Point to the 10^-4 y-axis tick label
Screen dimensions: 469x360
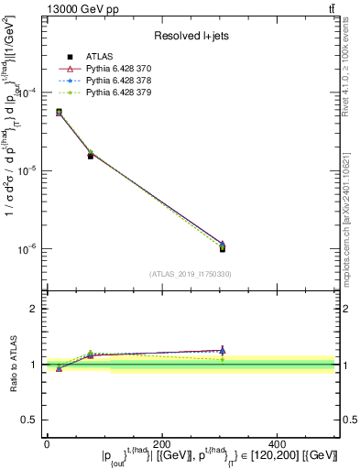click(28, 93)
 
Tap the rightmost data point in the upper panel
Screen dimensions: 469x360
click(223, 247)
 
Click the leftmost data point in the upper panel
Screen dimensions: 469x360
click(59, 112)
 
